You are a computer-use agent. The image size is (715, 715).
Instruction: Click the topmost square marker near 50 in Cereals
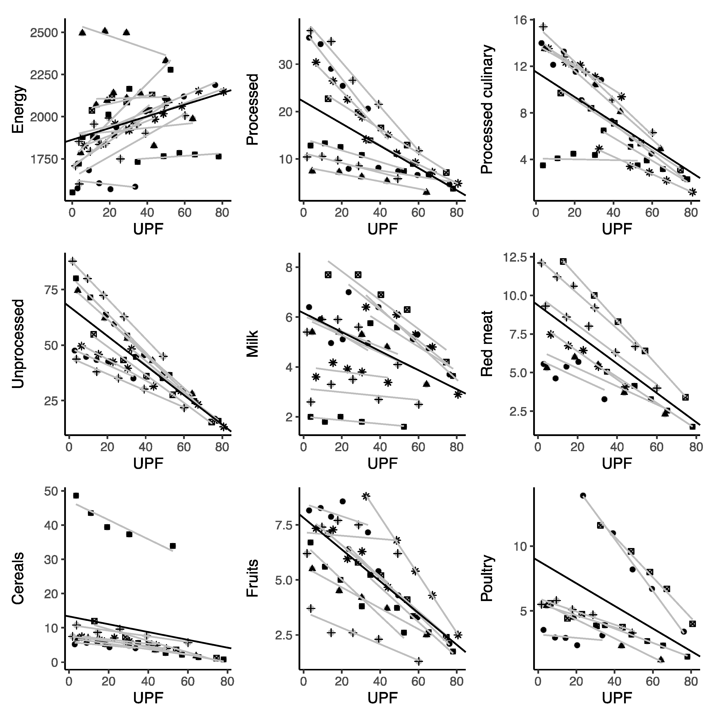click(76, 495)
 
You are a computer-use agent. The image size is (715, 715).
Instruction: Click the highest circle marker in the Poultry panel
click(583, 495)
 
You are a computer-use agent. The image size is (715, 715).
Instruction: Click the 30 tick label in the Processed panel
click(285, 64)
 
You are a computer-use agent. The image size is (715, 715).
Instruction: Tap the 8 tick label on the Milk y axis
click(289, 268)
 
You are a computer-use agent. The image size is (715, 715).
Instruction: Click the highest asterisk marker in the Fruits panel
click(366, 496)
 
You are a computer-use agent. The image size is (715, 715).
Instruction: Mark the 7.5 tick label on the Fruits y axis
click(283, 525)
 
